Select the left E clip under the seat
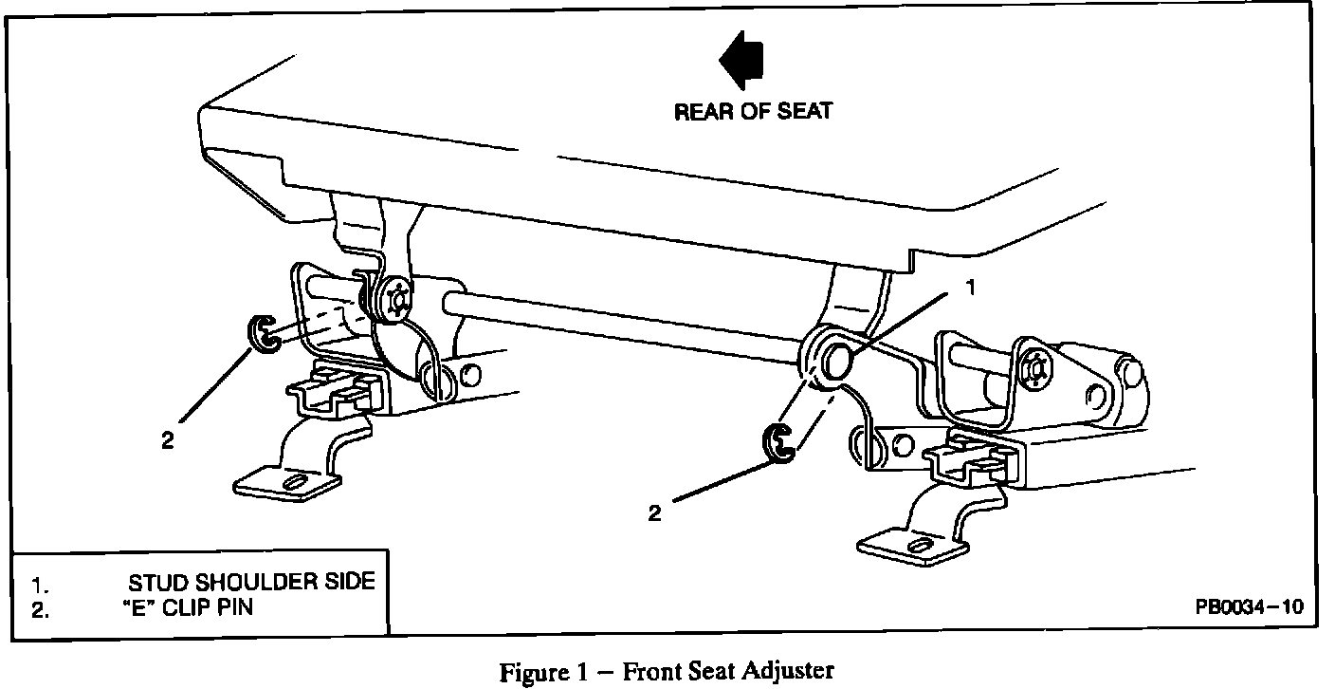click(x=260, y=333)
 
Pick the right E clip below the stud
click(x=777, y=445)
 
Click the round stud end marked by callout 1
click(x=835, y=361)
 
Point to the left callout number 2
click(x=167, y=439)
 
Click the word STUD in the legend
click(x=159, y=581)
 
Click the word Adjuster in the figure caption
click(x=789, y=671)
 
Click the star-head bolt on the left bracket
click(x=392, y=303)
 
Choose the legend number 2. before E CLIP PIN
click(x=40, y=609)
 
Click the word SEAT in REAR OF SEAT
click(x=804, y=111)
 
